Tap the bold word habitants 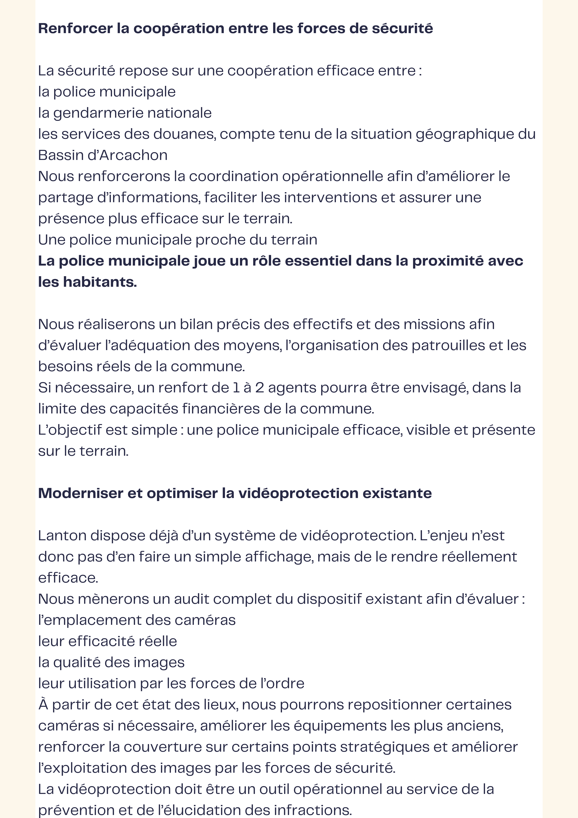point(100,282)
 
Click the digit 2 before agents point(260,388)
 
